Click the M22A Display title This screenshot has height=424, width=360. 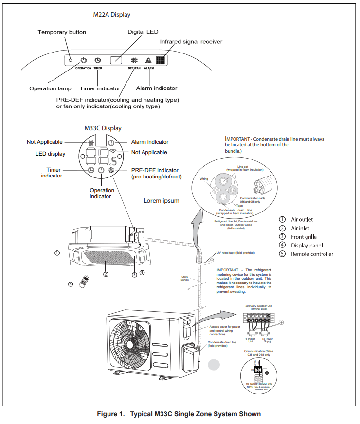112,15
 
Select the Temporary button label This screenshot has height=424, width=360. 62,32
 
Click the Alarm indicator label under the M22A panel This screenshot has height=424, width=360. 157,88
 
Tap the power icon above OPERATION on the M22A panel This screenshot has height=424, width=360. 84,60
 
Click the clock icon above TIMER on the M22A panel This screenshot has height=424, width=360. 98,60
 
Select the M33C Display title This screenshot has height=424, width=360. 103,128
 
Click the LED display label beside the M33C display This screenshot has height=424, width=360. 50,154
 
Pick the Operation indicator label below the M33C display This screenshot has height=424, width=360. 102,194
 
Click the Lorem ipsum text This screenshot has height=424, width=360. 162,201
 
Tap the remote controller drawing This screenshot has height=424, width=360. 86,282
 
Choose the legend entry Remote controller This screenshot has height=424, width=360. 312,254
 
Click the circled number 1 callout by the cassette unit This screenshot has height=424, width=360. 57,253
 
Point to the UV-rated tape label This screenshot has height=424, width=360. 236,253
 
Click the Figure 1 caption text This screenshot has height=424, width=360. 179,414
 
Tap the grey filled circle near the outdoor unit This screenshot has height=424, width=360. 214,366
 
